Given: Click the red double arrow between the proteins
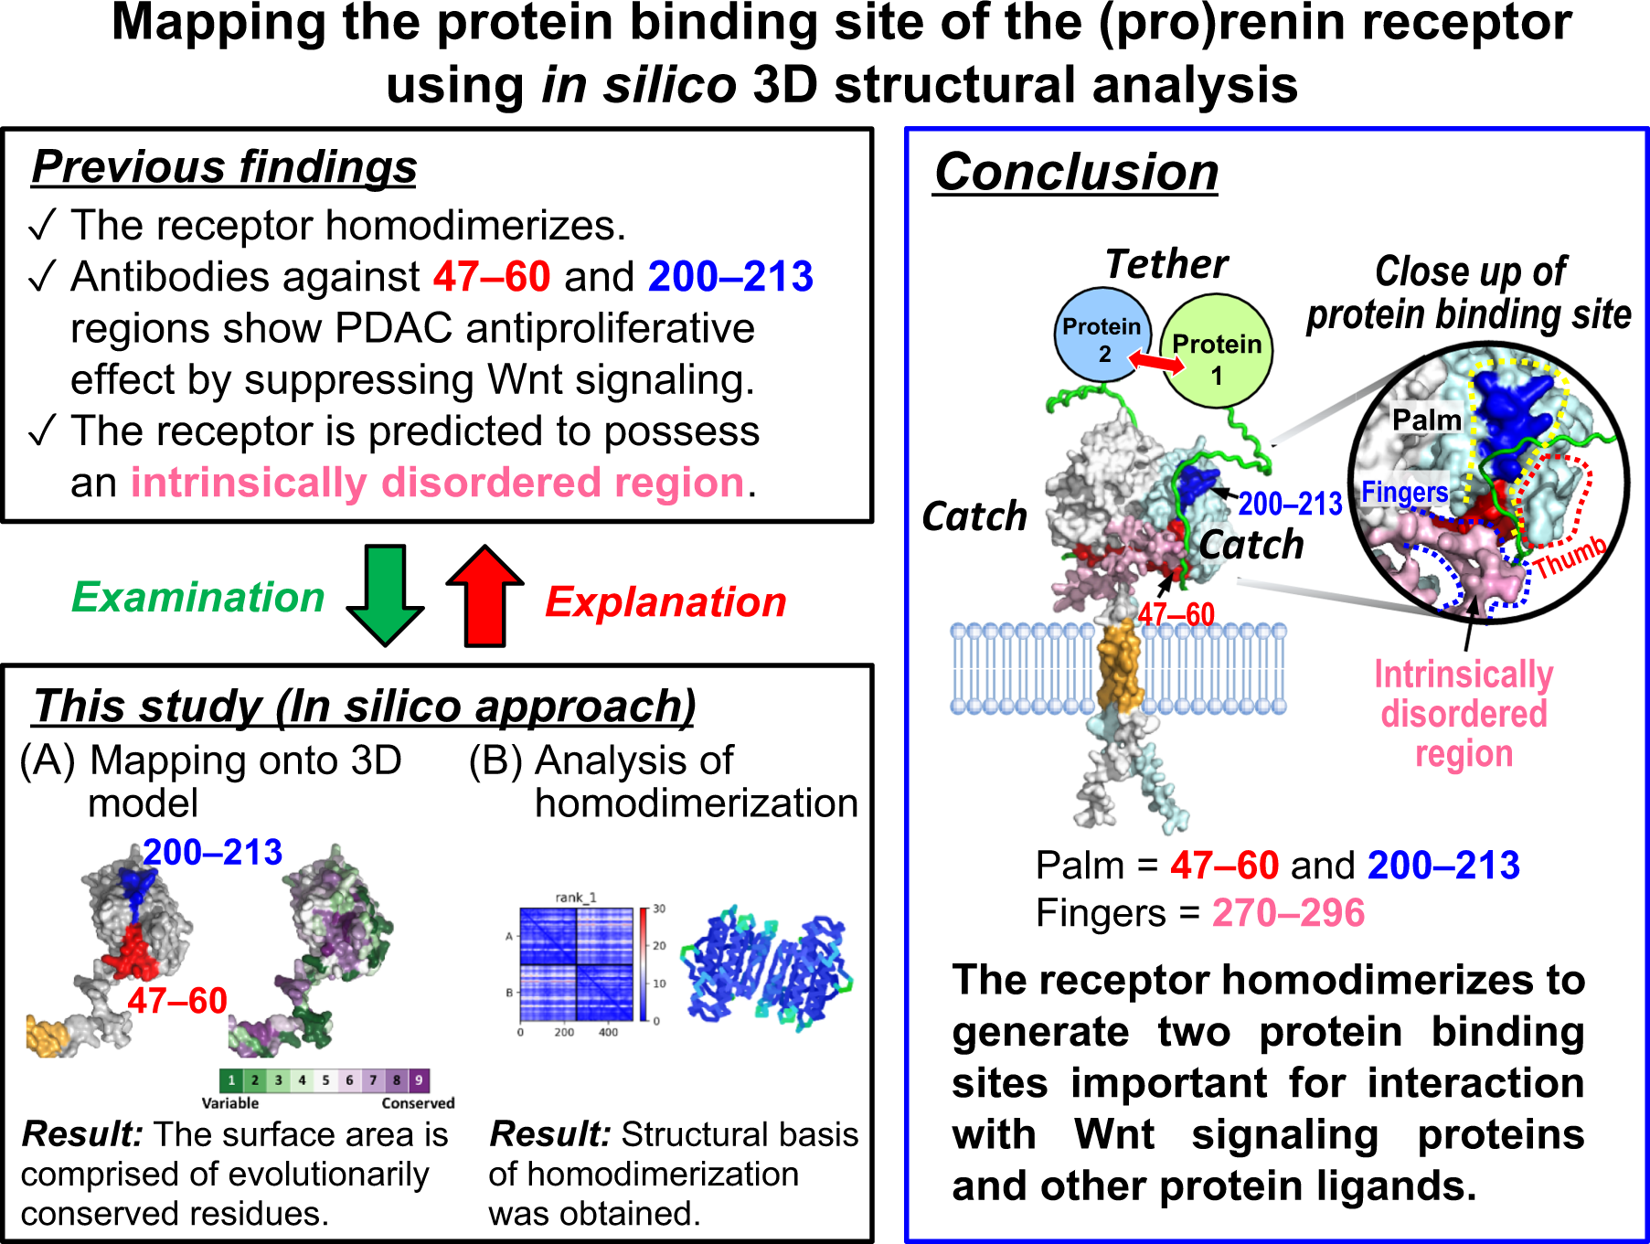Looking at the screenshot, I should pos(1156,362).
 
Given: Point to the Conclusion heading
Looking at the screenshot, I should pos(1076,172).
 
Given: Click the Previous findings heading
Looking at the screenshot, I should pos(224,167).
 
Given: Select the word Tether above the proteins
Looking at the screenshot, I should pos(1166,264).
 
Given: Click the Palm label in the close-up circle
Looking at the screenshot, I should pos(1426,420).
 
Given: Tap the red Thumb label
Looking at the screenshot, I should pos(1570,557).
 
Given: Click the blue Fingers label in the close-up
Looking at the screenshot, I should pos(1404,493).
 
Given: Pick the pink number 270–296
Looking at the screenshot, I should pos(1288,913).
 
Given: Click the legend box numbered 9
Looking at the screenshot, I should pos(419,1080).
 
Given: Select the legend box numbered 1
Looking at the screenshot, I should pos(231,1080).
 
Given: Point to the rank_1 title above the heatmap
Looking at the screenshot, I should pos(576,898).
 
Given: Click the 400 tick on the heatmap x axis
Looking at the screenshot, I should pos(608,1032).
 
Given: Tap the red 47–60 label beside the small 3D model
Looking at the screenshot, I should pos(177,1001).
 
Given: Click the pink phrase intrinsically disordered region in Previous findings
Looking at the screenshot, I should pos(437,483).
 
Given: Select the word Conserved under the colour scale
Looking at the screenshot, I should pos(418,1103).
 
